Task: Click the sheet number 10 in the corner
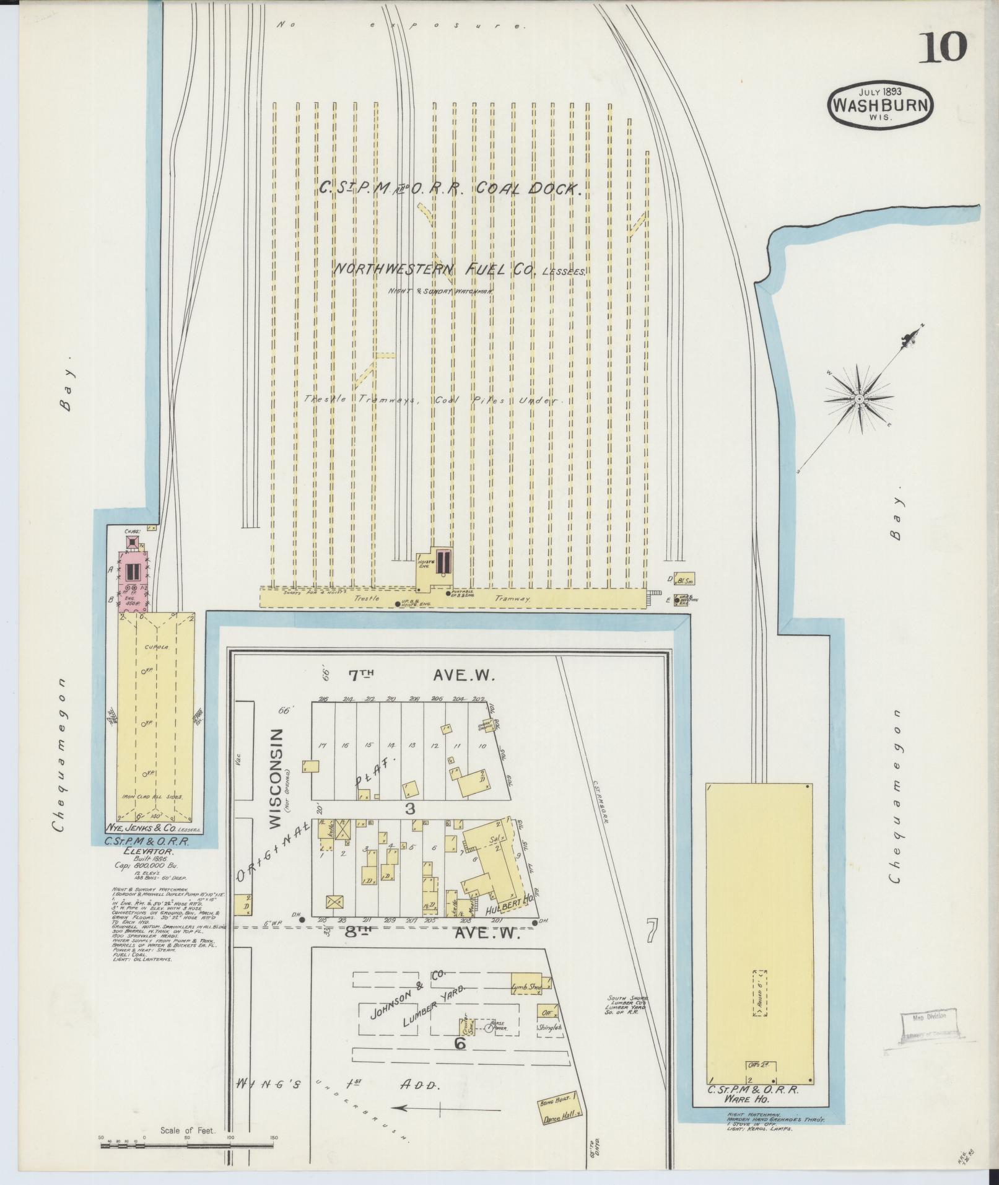(x=942, y=47)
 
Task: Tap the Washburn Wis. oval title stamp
(x=879, y=104)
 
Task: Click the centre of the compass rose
(x=859, y=400)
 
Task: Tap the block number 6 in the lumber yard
(x=459, y=1043)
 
